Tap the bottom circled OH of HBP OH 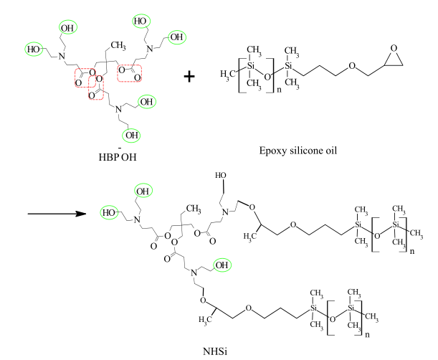pyautogui.click(x=131, y=133)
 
